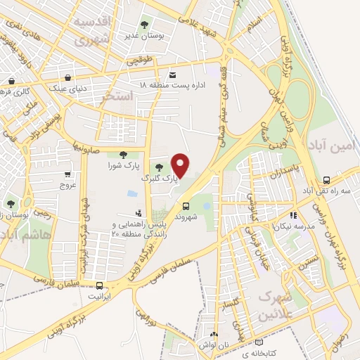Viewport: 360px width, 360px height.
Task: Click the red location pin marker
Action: tap(182, 165)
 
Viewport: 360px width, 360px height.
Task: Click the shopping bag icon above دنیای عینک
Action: tap(67, 77)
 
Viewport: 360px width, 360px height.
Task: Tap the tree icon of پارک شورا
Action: tap(123, 155)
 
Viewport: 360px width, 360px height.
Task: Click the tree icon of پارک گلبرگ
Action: tap(159, 167)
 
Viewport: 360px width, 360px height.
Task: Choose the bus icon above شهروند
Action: tap(186, 206)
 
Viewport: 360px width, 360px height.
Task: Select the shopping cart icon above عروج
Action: tap(67, 174)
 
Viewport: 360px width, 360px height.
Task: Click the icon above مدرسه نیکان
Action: tap(292, 215)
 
